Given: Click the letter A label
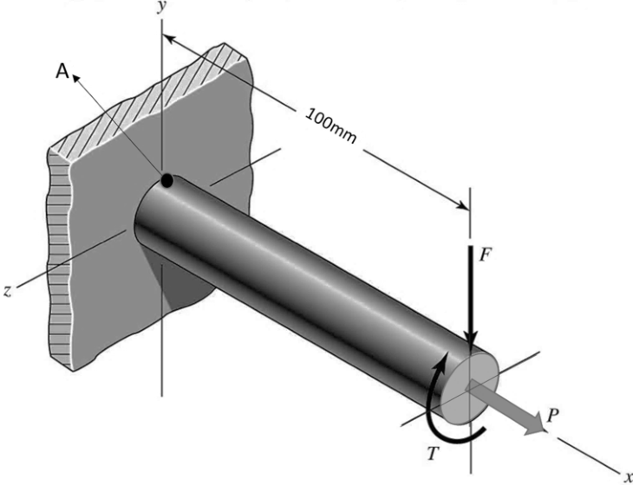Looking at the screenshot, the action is [x=62, y=71].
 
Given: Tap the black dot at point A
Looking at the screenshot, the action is [x=166, y=180].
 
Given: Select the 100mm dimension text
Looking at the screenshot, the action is [x=331, y=126].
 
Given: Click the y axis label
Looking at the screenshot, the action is [x=161, y=7].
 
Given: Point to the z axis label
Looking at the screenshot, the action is [x=7, y=291].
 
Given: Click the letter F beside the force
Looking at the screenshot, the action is [x=486, y=255].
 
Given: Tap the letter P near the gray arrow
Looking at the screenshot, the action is [x=552, y=415].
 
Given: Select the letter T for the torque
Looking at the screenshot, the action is [x=433, y=454].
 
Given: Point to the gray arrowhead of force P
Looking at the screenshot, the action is [x=537, y=425].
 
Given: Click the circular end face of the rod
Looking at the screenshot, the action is [x=469, y=387].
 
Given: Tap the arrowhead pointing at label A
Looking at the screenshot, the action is [x=76, y=79].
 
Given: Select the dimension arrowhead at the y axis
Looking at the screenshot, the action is [x=170, y=39].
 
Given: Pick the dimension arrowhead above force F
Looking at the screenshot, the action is [x=463, y=205].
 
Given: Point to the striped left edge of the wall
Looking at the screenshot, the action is [x=59, y=258].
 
